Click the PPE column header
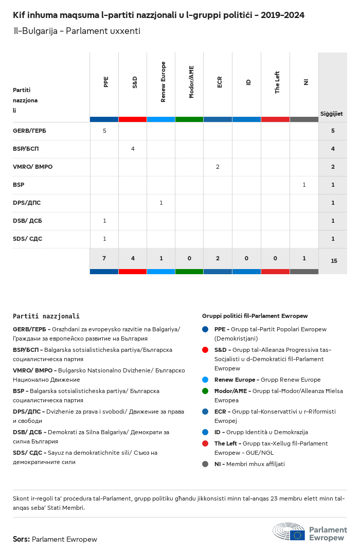coord(106,82)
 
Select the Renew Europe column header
coord(163,82)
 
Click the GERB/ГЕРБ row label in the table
coord(29,131)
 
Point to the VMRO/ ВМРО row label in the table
coord(32,167)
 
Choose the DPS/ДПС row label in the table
coord(27,203)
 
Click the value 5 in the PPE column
coord(104,131)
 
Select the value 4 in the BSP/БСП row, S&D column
coord(133,149)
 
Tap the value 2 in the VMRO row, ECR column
coord(218,167)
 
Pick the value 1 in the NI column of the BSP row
coord(304,185)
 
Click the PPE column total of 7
coord(104,258)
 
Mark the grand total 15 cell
coord(334,261)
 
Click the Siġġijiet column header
coord(332,114)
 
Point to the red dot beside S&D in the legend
coord(205,350)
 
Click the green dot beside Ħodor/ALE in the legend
coord(205,391)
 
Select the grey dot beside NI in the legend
coord(205,464)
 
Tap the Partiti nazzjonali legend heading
coord(46,316)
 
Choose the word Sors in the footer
coord(21,539)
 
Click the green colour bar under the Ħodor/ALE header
coord(189,119)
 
